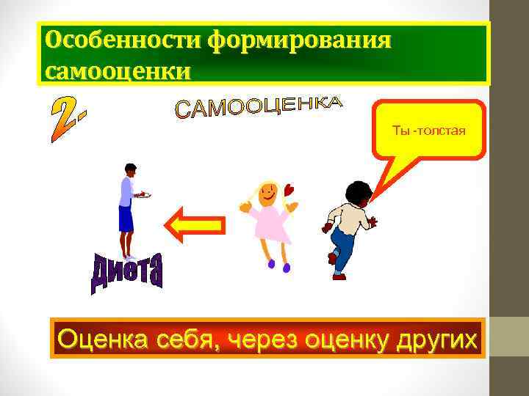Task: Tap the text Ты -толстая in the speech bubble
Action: coord(429,131)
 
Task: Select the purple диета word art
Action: coord(127,272)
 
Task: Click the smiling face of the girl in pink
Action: coord(268,194)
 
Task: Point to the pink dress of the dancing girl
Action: coord(271,224)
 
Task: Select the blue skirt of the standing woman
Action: coord(126,219)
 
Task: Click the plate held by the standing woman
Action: coord(144,195)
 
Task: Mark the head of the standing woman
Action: coord(130,170)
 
